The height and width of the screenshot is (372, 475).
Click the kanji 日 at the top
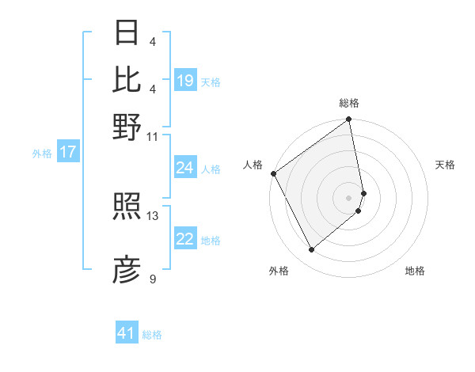[x=127, y=33]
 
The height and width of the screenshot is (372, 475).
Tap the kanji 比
[x=127, y=80]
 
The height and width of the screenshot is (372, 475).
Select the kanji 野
[x=127, y=127]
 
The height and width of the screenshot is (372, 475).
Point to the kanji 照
[x=127, y=209]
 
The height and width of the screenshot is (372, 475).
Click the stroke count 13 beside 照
[x=153, y=215]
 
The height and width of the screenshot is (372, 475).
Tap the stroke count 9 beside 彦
[x=153, y=279]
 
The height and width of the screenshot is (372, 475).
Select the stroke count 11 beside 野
[x=153, y=136]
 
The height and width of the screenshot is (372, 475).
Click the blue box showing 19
[x=185, y=80]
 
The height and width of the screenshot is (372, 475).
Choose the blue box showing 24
[x=185, y=168]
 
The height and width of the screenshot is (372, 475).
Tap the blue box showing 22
[x=185, y=239]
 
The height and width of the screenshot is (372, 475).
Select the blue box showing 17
[x=67, y=152]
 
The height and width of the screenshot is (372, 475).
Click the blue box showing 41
[x=127, y=333]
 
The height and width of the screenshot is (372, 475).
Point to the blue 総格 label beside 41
[x=152, y=335]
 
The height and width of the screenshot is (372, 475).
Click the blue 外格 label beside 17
[x=42, y=154]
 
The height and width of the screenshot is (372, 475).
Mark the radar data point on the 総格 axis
[x=349, y=121]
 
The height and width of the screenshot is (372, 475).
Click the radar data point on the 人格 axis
[x=273, y=173]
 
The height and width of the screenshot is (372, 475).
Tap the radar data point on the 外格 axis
[x=312, y=250]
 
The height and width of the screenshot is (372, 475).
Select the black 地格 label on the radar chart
[x=415, y=271]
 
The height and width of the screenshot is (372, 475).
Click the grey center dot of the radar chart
[x=349, y=198]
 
